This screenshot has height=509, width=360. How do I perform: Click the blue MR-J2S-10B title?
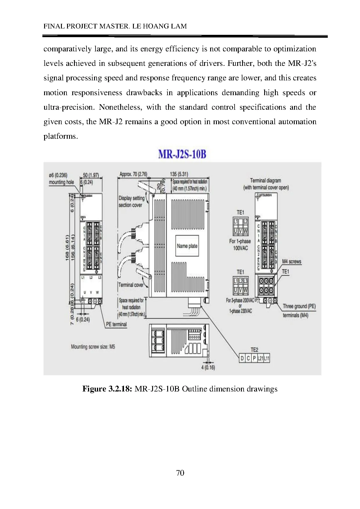tap(182, 154)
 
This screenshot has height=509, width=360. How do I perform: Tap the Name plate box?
tap(187, 246)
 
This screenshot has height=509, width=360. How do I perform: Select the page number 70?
tap(180, 473)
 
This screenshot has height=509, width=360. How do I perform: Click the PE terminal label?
tap(116, 324)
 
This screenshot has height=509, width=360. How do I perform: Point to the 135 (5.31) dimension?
tap(179, 174)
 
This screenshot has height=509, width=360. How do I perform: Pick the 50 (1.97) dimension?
tap(91, 175)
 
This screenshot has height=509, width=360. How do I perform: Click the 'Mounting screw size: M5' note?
tap(93, 346)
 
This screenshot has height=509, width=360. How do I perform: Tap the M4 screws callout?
tap(291, 261)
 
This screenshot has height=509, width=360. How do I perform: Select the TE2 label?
tap(254, 350)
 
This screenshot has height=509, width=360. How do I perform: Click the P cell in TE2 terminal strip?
tap(254, 359)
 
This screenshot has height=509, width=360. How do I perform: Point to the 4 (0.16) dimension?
tap(208, 367)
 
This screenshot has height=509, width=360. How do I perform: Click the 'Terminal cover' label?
tap(131, 285)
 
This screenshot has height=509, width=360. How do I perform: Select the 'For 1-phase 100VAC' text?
tap(240, 245)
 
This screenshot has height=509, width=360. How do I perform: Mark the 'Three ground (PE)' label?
tap(299, 306)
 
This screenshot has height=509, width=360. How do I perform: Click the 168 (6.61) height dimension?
tap(67, 247)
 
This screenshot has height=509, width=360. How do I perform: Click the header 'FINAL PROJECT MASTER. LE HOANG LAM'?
tap(115, 26)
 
